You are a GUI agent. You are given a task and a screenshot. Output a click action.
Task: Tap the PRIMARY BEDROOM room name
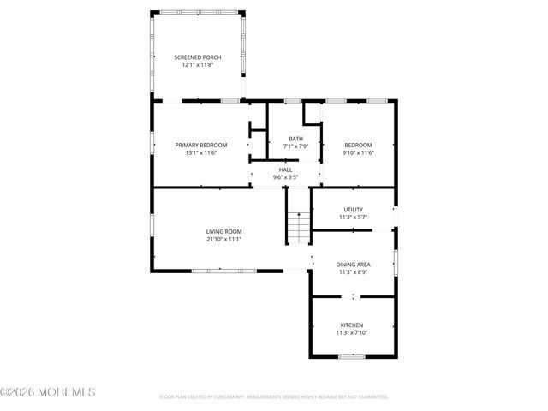(196, 145)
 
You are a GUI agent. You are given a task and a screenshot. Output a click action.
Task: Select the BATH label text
(295, 139)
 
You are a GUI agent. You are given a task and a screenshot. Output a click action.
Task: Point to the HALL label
(285, 170)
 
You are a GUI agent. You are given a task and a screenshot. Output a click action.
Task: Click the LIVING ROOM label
(224, 231)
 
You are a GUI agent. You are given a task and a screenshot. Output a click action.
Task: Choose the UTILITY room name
(353, 210)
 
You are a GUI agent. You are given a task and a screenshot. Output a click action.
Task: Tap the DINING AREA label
(353, 265)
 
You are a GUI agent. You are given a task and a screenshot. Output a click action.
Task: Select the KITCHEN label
(352, 325)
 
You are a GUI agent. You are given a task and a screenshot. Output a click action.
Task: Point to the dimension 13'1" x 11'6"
(196, 152)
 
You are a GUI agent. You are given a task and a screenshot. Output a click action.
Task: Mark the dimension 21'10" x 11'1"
(224, 239)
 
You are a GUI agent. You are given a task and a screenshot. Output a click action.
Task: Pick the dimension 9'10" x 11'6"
(359, 152)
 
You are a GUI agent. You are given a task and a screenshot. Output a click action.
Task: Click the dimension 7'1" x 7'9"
(295, 146)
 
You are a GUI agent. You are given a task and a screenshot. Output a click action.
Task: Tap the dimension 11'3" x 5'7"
(353, 217)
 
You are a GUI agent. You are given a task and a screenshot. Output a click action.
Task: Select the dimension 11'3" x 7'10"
(352, 333)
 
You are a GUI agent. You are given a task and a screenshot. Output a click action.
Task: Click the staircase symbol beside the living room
(296, 228)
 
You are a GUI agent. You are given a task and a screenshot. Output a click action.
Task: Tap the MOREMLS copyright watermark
(48, 392)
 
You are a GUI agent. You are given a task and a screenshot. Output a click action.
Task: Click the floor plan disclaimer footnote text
(274, 397)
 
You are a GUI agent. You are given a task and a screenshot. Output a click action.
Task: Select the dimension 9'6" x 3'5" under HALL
(285, 177)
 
